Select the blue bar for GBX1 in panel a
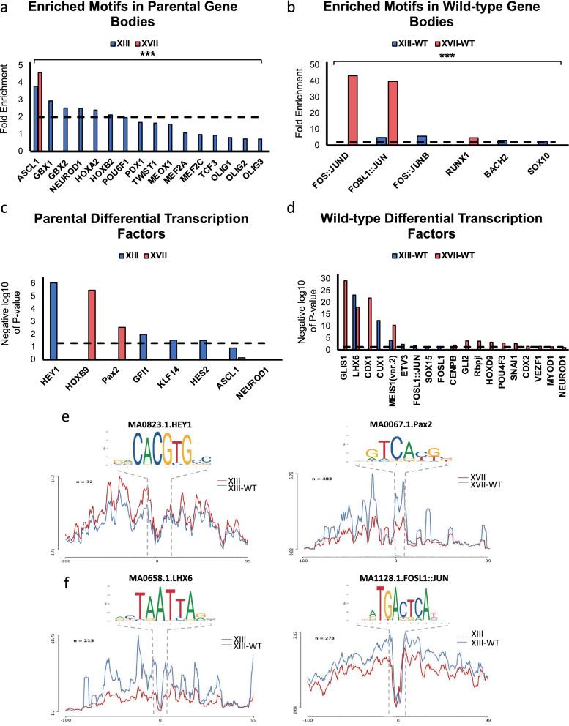(x=51, y=125)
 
